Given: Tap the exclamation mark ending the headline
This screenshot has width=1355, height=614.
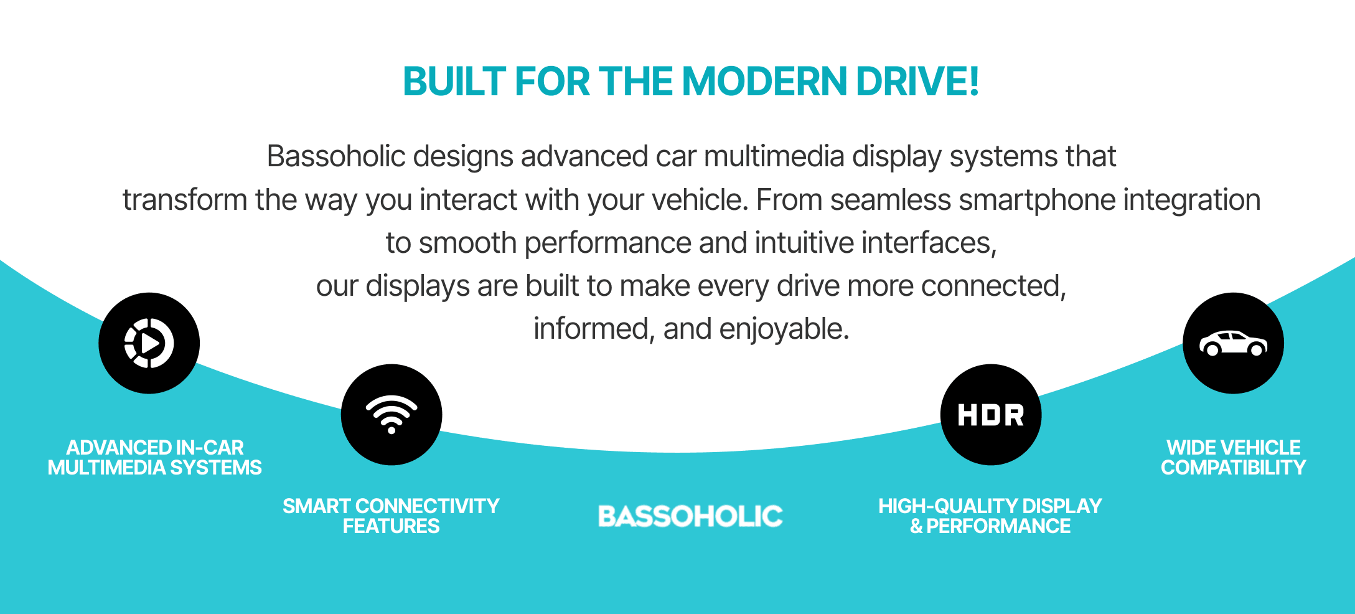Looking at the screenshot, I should click(973, 82).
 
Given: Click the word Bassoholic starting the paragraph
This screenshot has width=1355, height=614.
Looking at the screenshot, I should click(336, 156).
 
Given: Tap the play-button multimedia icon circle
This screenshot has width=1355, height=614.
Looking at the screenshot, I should click(149, 343).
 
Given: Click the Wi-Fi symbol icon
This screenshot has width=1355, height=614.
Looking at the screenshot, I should click(391, 414).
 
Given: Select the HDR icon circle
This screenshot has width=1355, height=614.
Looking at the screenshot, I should click(990, 415).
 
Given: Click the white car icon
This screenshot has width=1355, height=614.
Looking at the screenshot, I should click(1233, 343).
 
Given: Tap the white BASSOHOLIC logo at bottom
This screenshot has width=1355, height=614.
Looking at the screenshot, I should click(690, 516).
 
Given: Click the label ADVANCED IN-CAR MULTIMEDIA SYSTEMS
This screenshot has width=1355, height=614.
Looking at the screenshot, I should click(155, 458).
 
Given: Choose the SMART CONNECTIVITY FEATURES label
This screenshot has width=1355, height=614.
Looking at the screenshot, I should click(391, 516).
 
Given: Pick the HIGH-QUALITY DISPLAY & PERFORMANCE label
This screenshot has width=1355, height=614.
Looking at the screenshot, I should click(990, 516).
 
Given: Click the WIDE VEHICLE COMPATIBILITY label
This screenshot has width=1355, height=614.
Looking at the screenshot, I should click(1233, 458).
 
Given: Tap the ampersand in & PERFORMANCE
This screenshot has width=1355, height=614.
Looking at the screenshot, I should click(916, 527).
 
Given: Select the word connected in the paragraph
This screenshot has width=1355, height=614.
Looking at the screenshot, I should click(992, 286).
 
